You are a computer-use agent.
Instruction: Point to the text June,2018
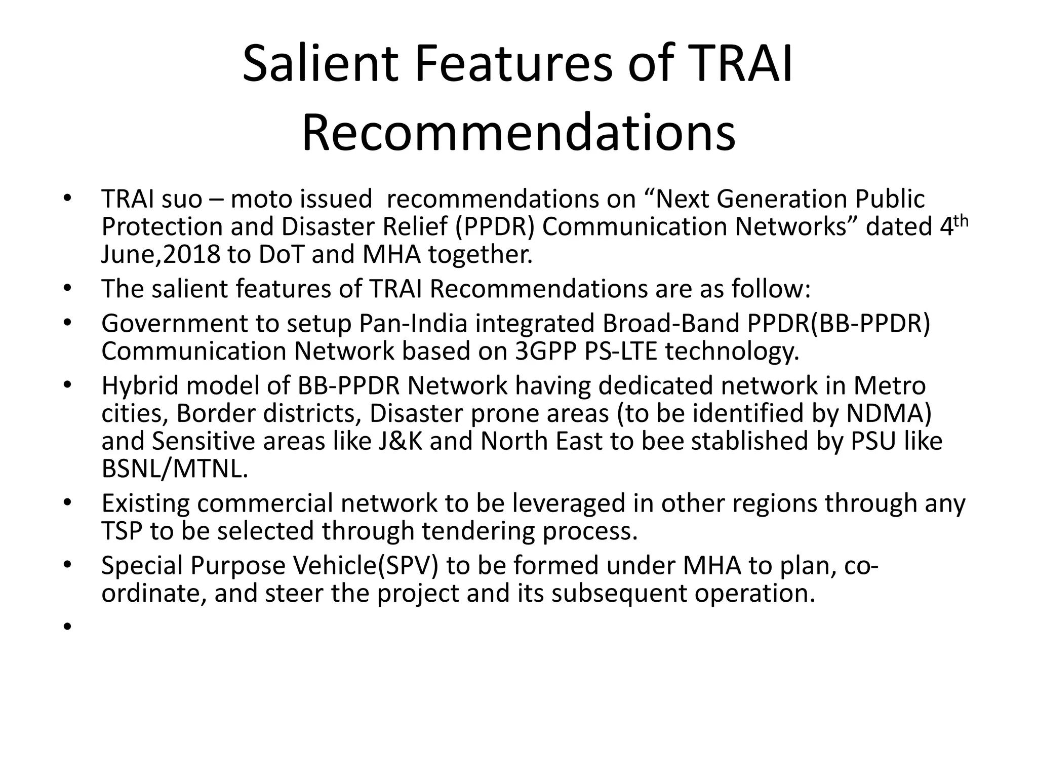[x=161, y=255]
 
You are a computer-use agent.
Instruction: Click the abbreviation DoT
[x=281, y=255]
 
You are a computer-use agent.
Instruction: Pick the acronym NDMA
[x=889, y=413]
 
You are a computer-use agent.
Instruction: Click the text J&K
[x=400, y=441]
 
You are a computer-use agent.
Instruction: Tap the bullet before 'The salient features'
[x=67, y=289]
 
